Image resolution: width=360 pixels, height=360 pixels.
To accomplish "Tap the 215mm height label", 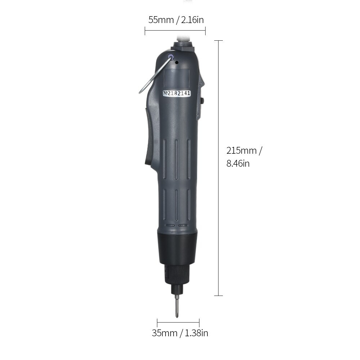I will point(242,150).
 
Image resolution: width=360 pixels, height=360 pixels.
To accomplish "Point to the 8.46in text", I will point(238,163).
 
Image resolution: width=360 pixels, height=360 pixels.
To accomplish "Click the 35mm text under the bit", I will point(164,333).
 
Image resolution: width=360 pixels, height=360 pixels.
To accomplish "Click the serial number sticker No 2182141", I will point(177,93).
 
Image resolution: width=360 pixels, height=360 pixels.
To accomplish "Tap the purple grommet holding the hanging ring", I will point(171,57).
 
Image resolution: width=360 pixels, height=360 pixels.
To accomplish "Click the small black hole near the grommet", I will point(177,62).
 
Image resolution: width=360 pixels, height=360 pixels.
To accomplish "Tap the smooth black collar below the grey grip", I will point(178,248).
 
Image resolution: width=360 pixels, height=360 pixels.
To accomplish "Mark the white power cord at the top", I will point(183,37).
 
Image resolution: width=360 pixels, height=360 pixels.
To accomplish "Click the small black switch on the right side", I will point(203,101).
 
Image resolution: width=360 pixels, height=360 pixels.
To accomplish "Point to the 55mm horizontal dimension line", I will point(175,32).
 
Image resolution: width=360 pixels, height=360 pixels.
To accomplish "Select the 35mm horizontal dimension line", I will point(178,323).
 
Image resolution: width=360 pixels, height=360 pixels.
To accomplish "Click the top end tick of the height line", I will point(219,41).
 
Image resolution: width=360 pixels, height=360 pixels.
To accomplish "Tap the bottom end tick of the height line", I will point(219,296).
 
